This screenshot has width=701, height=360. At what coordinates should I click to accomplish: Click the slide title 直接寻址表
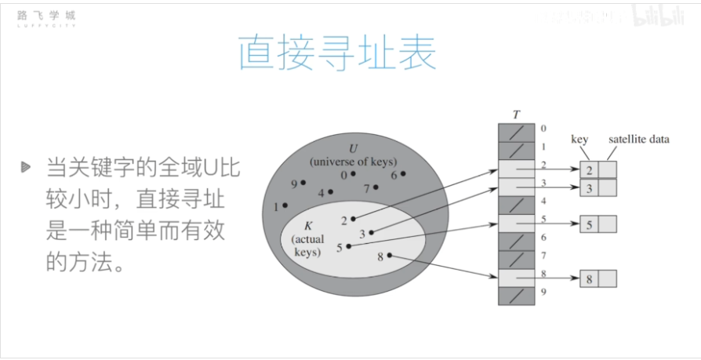tap(337, 54)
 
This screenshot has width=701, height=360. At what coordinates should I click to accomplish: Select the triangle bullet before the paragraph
tap(27, 166)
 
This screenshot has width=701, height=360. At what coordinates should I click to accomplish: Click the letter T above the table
tap(516, 115)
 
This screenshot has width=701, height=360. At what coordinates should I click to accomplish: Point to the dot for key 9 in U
tap(303, 183)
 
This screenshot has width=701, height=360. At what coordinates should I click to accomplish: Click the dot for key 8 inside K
tap(390, 256)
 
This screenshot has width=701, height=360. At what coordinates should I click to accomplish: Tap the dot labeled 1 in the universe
tap(285, 205)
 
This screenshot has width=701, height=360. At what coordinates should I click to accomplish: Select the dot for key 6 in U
tap(404, 173)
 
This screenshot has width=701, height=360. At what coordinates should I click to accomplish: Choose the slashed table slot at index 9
tap(516, 296)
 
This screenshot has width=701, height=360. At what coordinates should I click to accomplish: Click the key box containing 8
tap(590, 278)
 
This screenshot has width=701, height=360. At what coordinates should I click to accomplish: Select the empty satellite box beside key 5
tap(608, 224)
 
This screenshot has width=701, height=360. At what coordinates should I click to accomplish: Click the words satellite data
tap(639, 140)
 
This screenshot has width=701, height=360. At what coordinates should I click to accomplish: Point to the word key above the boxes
tap(579, 140)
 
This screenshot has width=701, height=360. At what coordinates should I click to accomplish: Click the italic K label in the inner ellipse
tap(307, 226)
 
